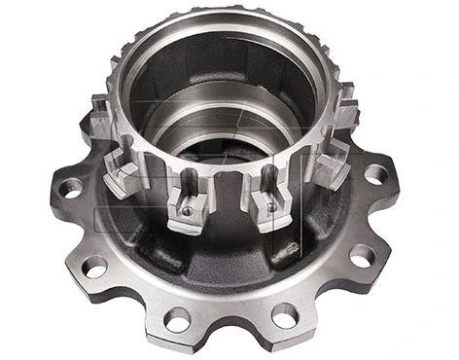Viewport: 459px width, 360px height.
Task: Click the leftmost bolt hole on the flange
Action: (70, 188)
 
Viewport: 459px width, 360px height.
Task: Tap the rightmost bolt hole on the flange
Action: (375, 175)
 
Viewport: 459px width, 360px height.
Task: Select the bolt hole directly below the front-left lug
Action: (176, 318)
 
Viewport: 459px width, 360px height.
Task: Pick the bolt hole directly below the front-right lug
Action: (284, 315)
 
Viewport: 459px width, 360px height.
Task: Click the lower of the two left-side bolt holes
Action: (95, 266)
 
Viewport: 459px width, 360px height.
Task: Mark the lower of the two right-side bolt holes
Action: (361, 256)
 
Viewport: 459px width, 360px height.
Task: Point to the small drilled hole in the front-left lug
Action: (186, 210)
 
